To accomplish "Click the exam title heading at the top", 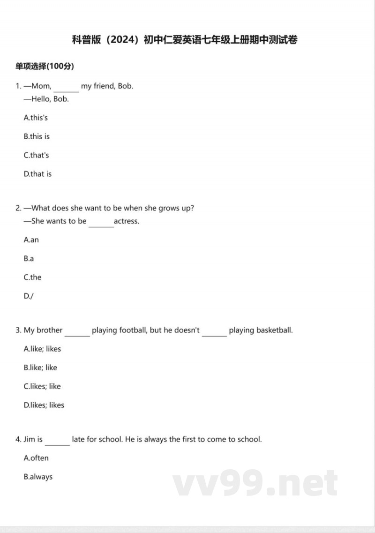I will (185, 40).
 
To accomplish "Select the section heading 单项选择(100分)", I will (45, 66).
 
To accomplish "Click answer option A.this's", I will (36, 118).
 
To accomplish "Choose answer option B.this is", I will (37, 136).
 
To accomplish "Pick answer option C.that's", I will (36, 155).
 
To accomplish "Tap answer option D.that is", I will (37, 174).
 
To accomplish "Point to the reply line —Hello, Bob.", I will (46, 99).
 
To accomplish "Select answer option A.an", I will (31, 240).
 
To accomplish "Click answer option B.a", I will (29, 259).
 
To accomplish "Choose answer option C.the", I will (32, 278).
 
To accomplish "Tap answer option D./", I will (29, 296).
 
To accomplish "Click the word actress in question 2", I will (127, 221).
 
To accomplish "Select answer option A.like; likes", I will (42, 349).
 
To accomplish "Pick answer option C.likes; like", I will (42, 386).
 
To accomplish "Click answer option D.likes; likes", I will (44, 405).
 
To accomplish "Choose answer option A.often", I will (36, 458).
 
